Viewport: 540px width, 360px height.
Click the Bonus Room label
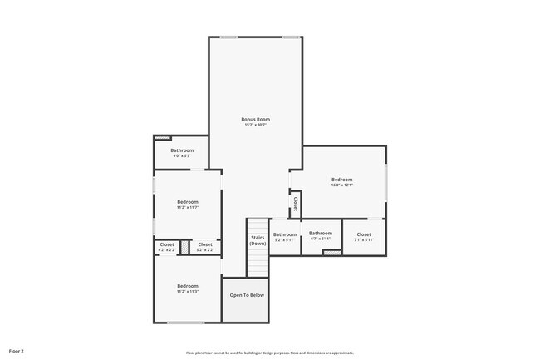[255, 119]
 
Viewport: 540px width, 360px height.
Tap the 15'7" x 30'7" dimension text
[255, 125]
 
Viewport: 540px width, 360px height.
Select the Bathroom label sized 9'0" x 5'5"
[182, 150]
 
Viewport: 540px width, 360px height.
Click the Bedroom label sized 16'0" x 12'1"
[342, 180]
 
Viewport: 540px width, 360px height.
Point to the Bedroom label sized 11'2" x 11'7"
[187, 202]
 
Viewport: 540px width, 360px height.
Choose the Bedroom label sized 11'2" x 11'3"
[187, 286]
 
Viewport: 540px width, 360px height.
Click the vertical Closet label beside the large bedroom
[295, 204]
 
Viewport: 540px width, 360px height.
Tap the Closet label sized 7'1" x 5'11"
[364, 234]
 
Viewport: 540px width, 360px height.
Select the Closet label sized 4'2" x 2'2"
[167, 244]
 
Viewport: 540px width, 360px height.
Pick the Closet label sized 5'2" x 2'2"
[205, 244]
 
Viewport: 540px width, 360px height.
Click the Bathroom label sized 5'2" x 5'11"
[285, 234]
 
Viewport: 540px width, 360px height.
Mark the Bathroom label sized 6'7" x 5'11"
[321, 234]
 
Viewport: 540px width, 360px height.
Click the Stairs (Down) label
[258, 240]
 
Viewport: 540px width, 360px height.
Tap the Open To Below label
[247, 295]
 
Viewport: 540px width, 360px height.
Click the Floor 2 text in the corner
[17, 352]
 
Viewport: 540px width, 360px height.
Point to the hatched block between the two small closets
[185, 245]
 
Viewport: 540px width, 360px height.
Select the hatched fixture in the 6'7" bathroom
[332, 252]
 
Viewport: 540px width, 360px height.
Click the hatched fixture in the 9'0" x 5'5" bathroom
[162, 138]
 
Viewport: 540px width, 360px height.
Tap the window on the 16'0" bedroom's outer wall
[386, 182]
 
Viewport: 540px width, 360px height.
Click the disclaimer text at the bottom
[270, 353]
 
